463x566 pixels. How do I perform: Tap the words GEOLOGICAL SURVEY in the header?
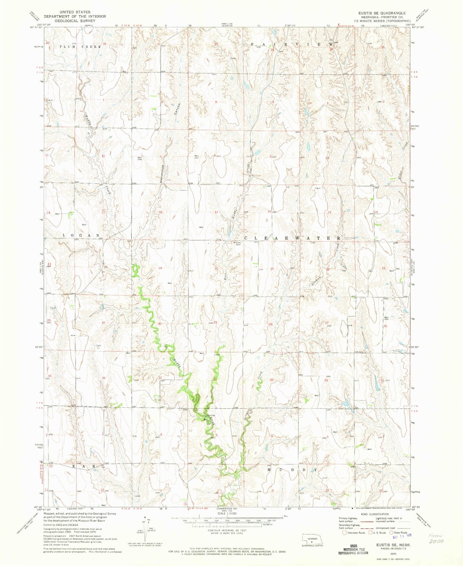pyautogui.click(x=70, y=20)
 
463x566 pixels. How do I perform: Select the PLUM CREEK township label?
pyautogui.click(x=80, y=47)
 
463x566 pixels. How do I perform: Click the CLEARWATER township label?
pyautogui.click(x=292, y=239)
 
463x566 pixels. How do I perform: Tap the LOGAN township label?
pyautogui.click(x=81, y=235)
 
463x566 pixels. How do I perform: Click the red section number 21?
pyautogui.click(x=272, y=269)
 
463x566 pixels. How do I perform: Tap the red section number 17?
pyautogui.click(x=217, y=212)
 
